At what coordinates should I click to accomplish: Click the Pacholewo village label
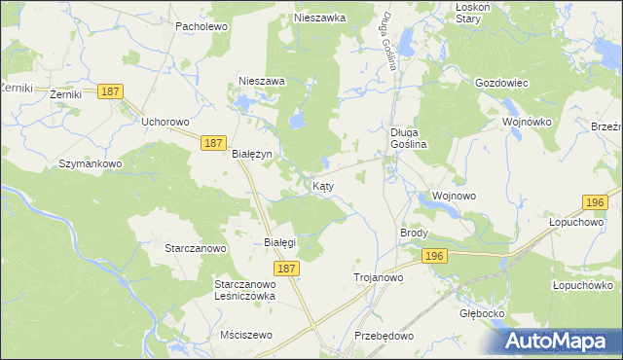click(201, 26)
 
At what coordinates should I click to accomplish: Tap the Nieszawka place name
click(320, 18)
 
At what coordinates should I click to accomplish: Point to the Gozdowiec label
click(500, 83)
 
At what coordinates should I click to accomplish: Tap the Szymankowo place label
click(91, 163)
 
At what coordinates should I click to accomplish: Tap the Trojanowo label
click(378, 277)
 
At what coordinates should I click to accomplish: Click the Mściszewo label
click(247, 334)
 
